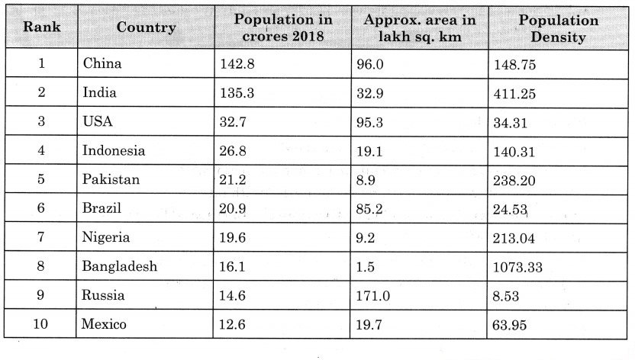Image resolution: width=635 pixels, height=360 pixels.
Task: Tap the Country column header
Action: pyautogui.click(x=146, y=27)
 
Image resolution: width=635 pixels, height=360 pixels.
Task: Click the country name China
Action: pyautogui.click(x=102, y=64)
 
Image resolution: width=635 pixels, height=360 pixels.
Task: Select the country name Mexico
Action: pyautogui.click(x=105, y=324)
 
